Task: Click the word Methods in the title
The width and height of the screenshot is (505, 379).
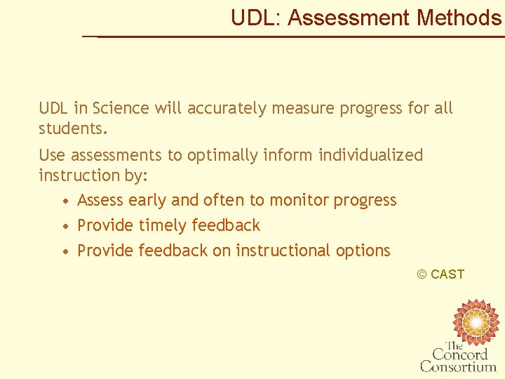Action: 459,18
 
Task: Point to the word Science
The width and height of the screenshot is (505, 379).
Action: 121,108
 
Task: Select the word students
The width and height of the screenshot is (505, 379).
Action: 73,129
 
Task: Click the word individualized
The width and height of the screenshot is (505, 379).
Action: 371,154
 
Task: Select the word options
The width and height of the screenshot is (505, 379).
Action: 363,251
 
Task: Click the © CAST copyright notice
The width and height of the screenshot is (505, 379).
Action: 440,274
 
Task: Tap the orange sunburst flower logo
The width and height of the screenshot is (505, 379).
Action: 476,321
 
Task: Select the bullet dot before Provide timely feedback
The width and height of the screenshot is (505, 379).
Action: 65,226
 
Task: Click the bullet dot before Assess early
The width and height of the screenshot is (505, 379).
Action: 65,201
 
